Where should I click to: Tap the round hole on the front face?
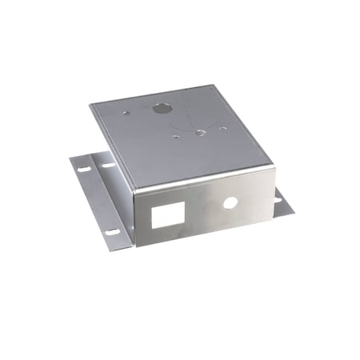pos(230,202)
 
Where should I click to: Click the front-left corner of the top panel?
pos(134,193)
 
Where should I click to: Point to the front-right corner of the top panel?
pos(274,166)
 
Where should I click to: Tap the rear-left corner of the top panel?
pos(90,104)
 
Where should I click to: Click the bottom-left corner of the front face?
pos(135,246)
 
